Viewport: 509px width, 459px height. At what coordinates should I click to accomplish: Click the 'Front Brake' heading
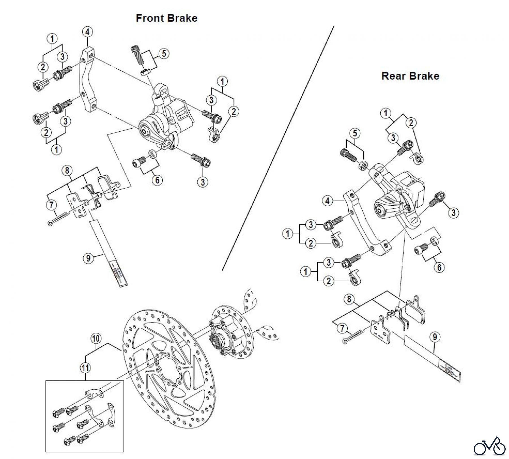pos(167,18)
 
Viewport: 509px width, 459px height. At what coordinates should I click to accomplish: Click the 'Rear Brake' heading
pos(410,76)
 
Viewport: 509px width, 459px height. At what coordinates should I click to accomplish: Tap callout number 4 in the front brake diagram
pos(88,32)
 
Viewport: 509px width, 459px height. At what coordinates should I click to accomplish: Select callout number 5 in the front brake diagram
pos(164,53)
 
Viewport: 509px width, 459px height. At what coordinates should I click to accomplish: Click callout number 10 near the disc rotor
pos(96,338)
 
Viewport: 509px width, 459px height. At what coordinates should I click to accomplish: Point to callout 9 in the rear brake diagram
pos(435,337)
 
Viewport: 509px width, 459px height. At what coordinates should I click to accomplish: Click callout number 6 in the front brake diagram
pos(157,180)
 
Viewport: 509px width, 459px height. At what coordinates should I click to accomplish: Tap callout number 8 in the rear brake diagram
pos(349,299)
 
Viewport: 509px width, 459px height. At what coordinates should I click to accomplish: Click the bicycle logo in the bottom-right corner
pos(489,447)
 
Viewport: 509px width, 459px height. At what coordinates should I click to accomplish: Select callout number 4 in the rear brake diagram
pos(327,201)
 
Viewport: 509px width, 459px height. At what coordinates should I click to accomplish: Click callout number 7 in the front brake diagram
pos(51,205)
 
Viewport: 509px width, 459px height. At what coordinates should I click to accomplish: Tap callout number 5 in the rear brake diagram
pos(355,133)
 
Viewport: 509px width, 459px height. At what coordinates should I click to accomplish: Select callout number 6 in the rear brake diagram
pos(439,267)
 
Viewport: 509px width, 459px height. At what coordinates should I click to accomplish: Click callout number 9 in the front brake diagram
pos(89,258)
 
